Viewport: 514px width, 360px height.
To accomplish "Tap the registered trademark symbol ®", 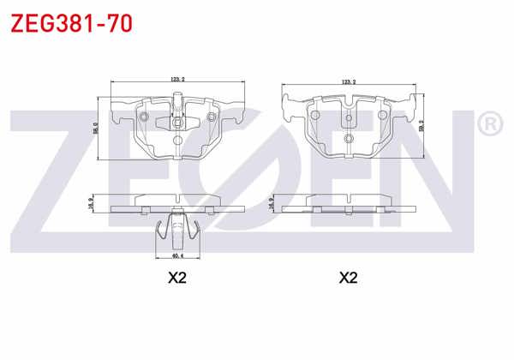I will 488,125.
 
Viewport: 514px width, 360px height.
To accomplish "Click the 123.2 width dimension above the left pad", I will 177,79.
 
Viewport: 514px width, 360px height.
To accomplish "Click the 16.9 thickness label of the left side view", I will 91,203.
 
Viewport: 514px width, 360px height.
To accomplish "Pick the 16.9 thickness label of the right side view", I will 272,203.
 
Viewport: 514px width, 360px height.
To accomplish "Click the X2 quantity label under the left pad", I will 177,278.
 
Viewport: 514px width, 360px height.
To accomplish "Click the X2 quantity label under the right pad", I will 348,278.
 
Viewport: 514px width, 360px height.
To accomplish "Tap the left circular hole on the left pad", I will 144,117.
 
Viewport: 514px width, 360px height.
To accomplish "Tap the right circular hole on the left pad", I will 210,117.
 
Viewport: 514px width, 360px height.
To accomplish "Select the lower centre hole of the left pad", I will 176,140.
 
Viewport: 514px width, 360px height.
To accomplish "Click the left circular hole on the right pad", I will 314,118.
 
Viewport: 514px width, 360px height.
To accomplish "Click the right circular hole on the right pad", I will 381,118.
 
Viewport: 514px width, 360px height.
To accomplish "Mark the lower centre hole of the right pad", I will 348,139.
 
